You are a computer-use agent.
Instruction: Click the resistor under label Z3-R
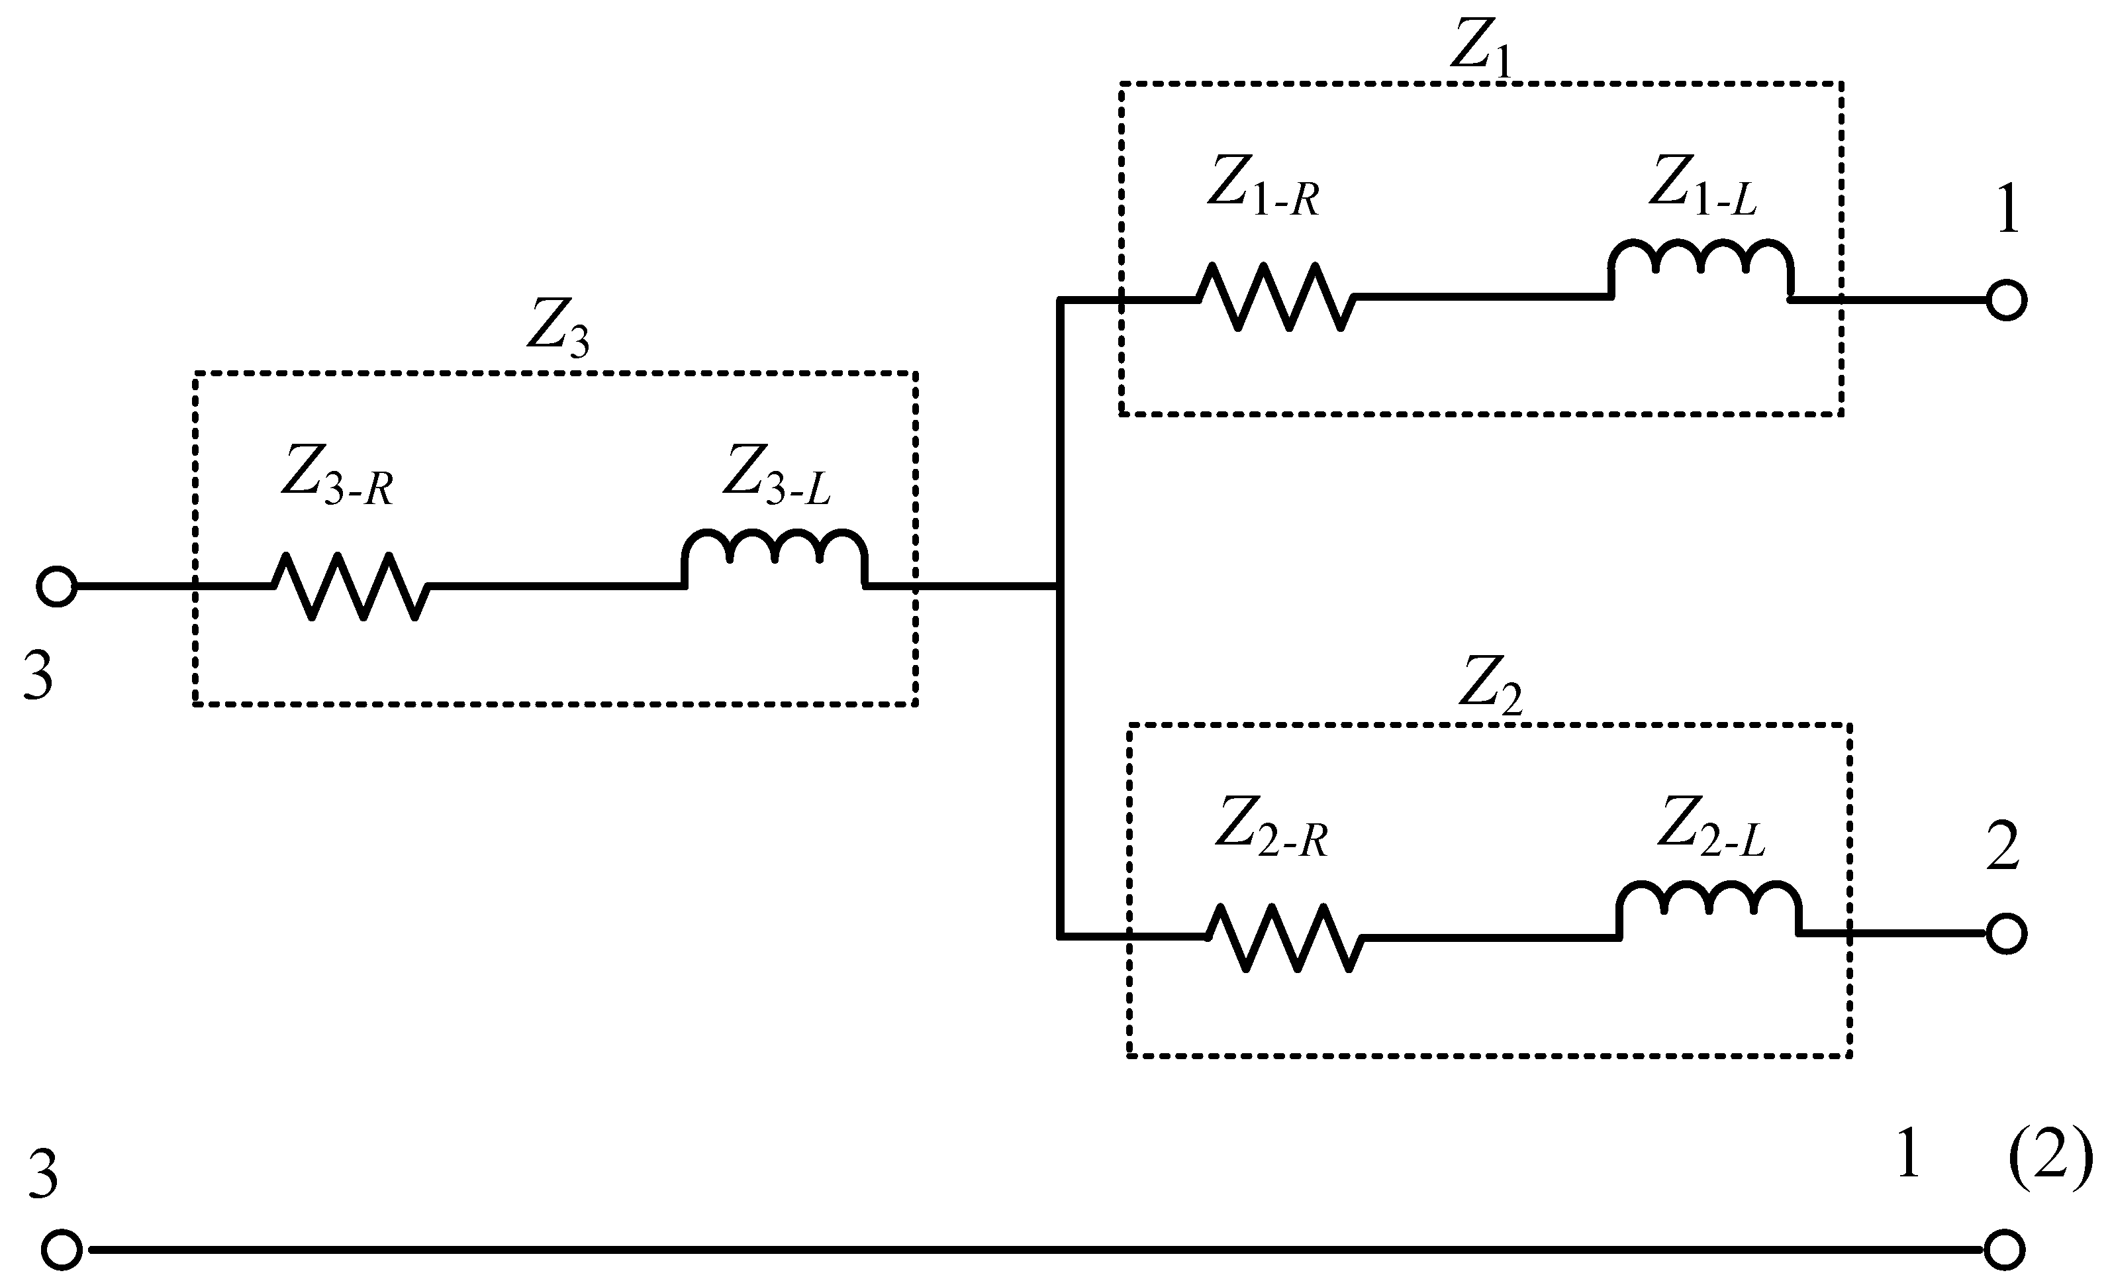pyautogui.click(x=351, y=586)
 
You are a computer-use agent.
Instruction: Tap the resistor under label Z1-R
pyautogui.click(x=1274, y=297)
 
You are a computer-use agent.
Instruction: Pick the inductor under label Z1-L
pyautogui.click(x=1701, y=267)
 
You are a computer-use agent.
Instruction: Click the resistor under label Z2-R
pyautogui.click(x=1283, y=938)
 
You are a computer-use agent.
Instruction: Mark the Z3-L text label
pyautogui.click(x=776, y=476)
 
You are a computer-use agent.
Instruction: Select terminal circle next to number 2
pyautogui.click(x=2006, y=933)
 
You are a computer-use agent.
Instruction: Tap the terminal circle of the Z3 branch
pyautogui.click(x=56, y=587)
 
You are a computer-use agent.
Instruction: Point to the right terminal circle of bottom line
pyautogui.click(x=2005, y=1250)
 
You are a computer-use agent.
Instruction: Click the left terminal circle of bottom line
pyautogui.click(x=62, y=1250)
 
